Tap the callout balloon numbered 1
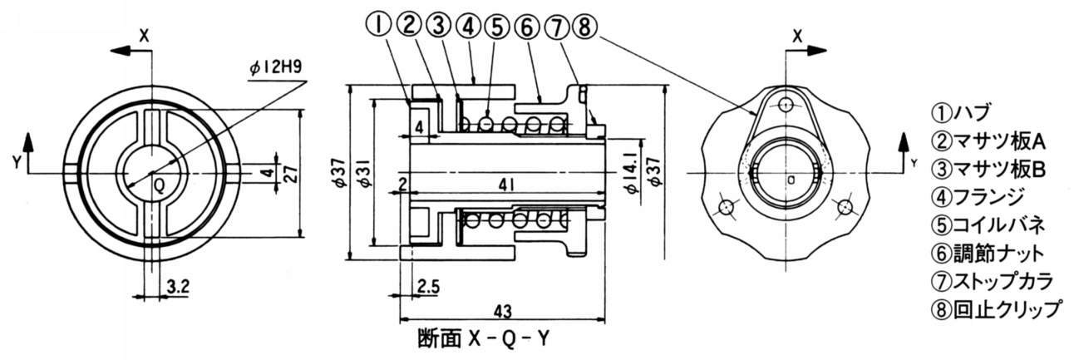[x=378, y=26]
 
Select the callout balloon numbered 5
[x=497, y=26]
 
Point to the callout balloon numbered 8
[x=586, y=26]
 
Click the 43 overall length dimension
[x=502, y=310]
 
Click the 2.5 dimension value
[x=429, y=286]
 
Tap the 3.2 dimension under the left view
[x=176, y=286]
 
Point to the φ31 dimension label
[x=363, y=175]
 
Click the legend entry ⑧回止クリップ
[x=994, y=309]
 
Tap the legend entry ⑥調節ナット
[x=985, y=253]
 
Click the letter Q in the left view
[x=159, y=186]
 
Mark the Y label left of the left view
[x=16, y=162]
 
